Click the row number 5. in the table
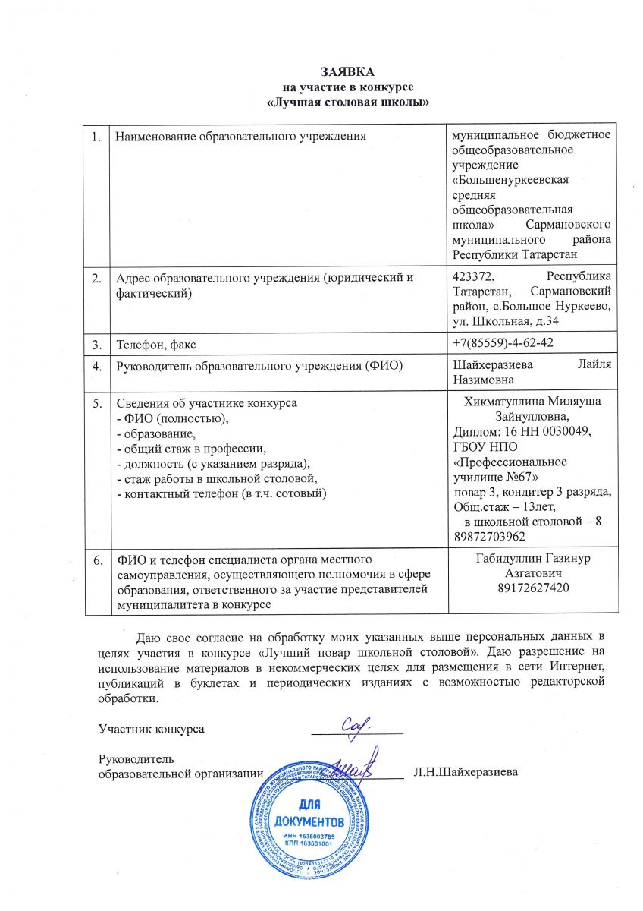click(97, 403)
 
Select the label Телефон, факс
click(154, 345)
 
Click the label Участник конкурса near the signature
click(152, 729)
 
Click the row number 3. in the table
click(97, 345)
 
